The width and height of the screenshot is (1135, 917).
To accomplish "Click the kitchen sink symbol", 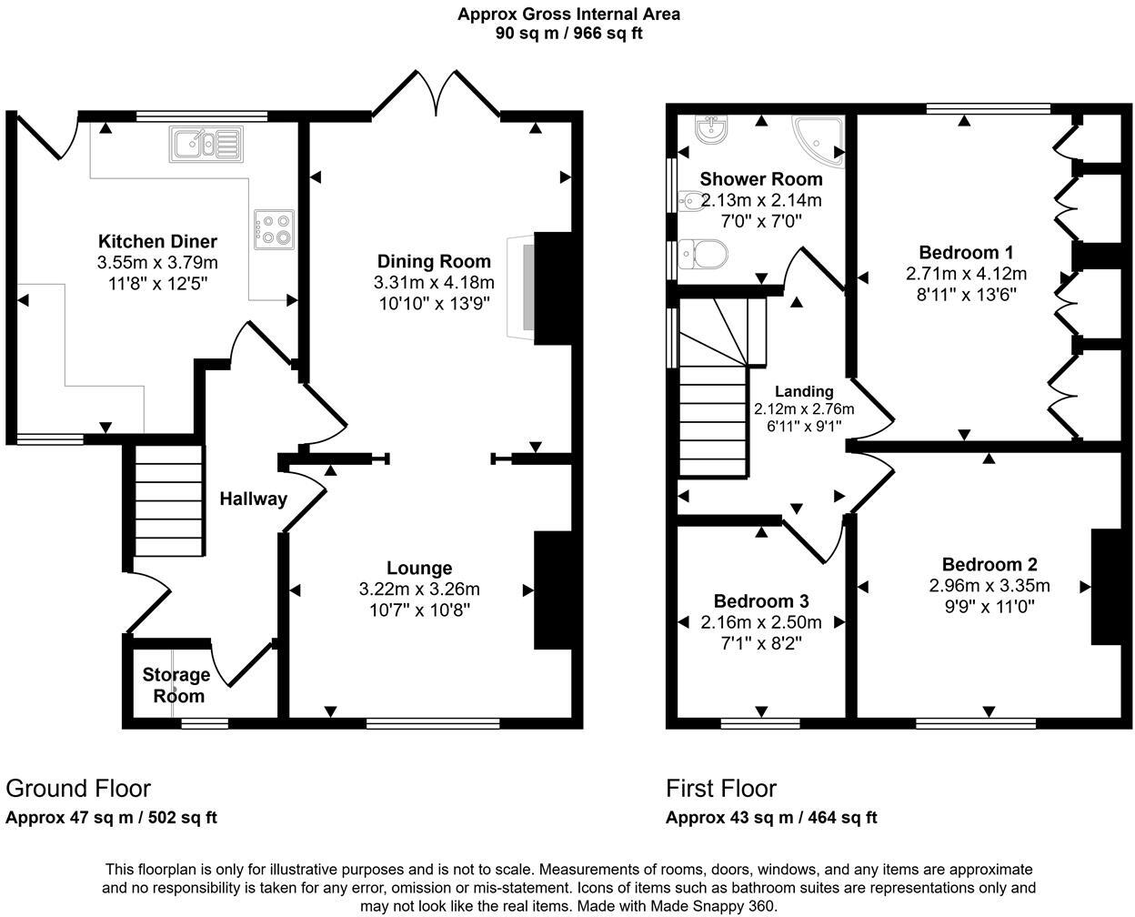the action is [x=206, y=144].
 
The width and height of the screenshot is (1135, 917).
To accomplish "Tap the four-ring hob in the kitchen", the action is [x=274, y=229].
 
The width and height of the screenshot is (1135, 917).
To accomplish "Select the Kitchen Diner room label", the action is [x=157, y=241].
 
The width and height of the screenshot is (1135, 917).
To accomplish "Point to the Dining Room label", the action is [x=434, y=261].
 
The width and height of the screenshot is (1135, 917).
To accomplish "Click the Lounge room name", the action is [x=419, y=568].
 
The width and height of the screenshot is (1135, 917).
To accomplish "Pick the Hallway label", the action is [x=254, y=499].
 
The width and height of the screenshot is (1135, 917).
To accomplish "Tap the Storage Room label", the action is [x=176, y=685].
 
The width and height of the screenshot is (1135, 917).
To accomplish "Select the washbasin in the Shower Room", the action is [x=711, y=129].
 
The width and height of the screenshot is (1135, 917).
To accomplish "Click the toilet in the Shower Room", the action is [x=703, y=254].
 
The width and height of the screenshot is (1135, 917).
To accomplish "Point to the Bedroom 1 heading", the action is [x=966, y=252].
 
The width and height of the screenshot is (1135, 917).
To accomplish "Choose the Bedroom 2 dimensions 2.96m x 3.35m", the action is [x=989, y=586].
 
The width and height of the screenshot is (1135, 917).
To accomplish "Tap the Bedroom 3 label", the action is [x=761, y=601].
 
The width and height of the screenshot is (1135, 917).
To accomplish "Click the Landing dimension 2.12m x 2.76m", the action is [x=804, y=408].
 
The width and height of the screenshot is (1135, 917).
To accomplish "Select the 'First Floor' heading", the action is [x=721, y=789].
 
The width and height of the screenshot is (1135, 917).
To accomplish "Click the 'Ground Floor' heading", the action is [x=78, y=789].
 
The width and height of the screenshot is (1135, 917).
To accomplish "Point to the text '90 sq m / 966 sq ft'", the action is [x=568, y=33].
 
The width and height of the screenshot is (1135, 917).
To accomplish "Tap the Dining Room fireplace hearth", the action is [x=521, y=287].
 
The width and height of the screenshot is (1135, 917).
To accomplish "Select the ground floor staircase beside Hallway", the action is [x=169, y=500].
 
